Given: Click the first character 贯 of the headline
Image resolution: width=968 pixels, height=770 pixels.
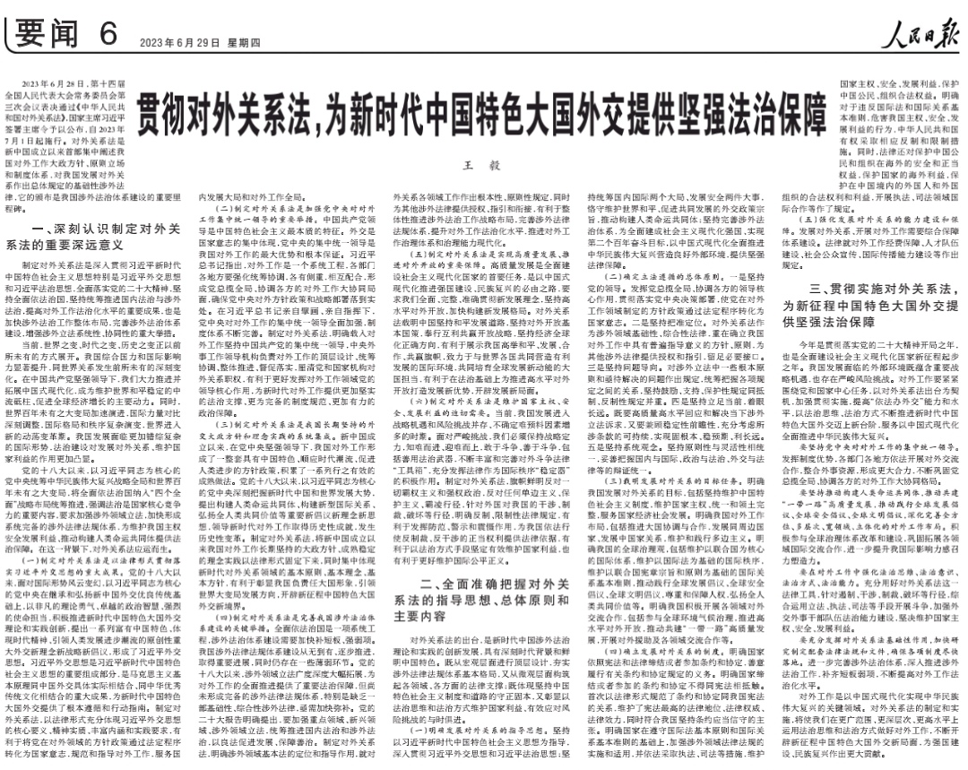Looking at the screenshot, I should pyautogui.click(x=151, y=117).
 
